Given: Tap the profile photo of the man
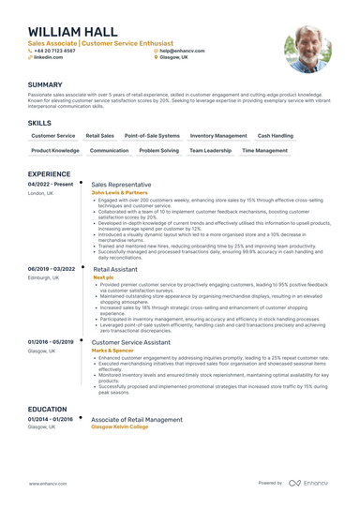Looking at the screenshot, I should click(308, 48).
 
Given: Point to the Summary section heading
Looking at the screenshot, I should click(45, 84).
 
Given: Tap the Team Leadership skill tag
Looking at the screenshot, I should click(210, 150).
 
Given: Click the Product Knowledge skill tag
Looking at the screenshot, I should click(55, 150).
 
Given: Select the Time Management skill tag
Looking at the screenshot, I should click(264, 150).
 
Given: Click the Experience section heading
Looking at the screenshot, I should click(49, 174).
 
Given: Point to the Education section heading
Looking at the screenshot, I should click(47, 409).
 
